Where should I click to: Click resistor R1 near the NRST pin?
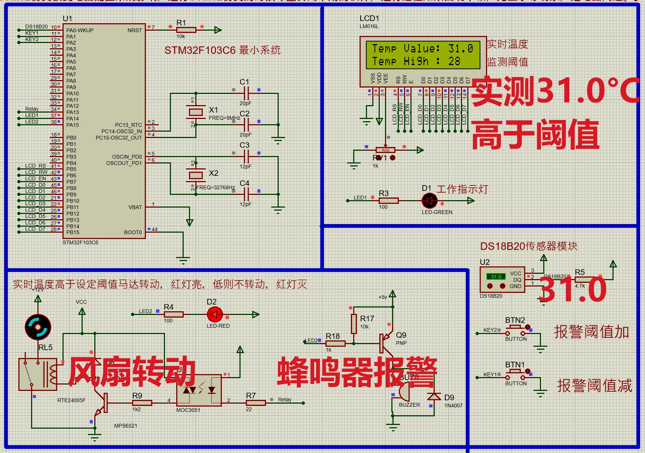coord(186,30)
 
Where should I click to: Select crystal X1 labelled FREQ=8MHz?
coord(196,111)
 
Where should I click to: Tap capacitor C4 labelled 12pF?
coord(246,194)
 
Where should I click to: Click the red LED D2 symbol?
coord(215,315)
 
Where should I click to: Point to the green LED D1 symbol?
coord(430,201)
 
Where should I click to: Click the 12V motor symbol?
coord(38,327)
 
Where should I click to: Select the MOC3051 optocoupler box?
coord(198,391)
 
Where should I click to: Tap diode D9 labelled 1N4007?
coord(434,397)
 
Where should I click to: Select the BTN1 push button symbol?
coord(516,374)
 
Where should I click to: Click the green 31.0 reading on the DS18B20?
coord(496,277)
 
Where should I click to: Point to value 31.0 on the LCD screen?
coord(461,49)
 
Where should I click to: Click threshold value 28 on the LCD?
coord(454,61)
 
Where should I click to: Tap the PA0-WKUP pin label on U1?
coord(80,30)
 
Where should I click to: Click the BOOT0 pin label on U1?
coord(133,232)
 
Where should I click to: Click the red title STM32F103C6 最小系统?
coord(222,50)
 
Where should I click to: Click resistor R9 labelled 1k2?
coord(142,403)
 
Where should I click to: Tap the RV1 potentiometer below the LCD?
coord(385,150)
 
